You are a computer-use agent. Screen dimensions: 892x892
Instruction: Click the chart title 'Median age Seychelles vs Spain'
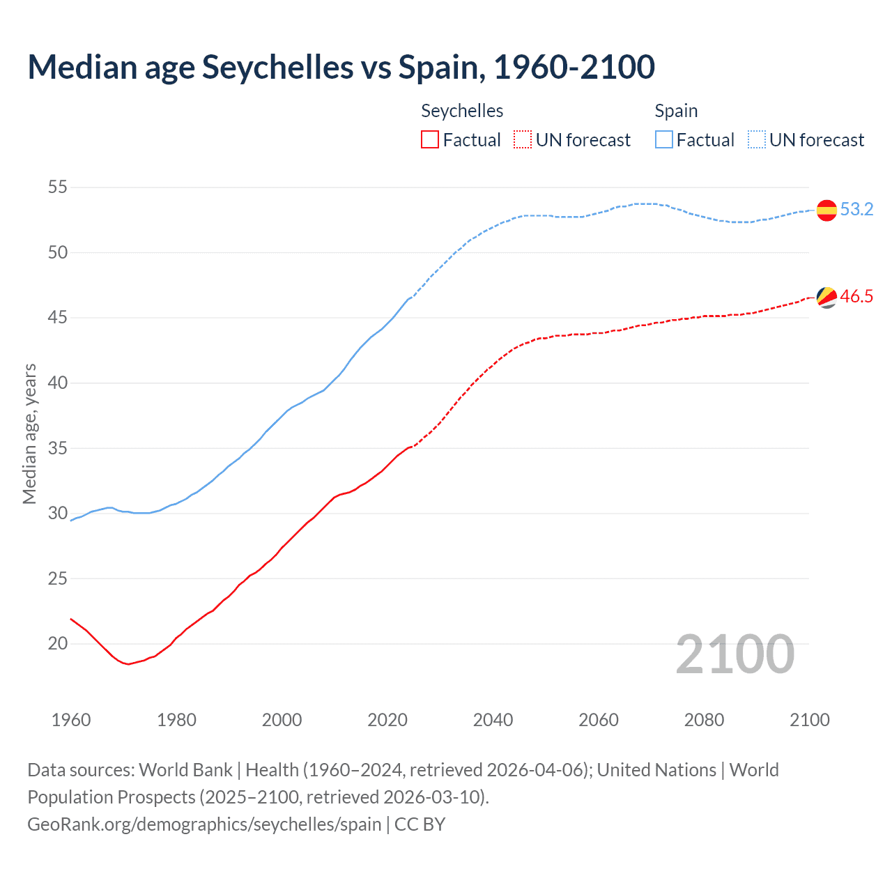[x=341, y=67]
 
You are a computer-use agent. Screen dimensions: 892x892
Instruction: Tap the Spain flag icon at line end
[x=826, y=210]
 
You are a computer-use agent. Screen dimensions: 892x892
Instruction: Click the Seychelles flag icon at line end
[x=826, y=297]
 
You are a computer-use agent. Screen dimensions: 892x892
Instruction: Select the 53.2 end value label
[x=856, y=210]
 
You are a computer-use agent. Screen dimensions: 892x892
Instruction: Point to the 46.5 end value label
[x=856, y=297]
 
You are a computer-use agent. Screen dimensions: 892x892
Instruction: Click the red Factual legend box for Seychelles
[x=430, y=140]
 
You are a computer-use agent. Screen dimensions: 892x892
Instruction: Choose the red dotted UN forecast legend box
[x=523, y=140]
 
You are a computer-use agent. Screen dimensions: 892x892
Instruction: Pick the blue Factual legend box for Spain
[x=664, y=140]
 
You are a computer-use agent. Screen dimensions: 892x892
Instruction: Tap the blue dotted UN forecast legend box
[x=757, y=140]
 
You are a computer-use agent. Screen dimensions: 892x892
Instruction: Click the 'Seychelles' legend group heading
[x=462, y=111]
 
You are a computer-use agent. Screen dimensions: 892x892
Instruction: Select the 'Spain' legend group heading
[x=676, y=111]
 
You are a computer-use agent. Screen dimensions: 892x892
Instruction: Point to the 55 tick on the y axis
[x=58, y=187]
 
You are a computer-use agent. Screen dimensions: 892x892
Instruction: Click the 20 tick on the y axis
[x=58, y=644]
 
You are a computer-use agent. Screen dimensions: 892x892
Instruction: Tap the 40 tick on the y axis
[x=58, y=383]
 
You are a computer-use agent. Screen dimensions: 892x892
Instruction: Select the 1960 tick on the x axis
[x=71, y=720]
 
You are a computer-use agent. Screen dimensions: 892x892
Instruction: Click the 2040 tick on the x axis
[x=493, y=720]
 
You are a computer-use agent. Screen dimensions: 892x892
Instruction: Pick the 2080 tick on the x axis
[x=704, y=720]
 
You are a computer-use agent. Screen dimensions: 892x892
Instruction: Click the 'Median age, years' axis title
[x=29, y=433]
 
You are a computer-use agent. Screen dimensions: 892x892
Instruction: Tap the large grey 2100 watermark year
[x=735, y=654]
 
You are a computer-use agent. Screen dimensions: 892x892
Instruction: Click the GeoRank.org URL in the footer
[x=204, y=824]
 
